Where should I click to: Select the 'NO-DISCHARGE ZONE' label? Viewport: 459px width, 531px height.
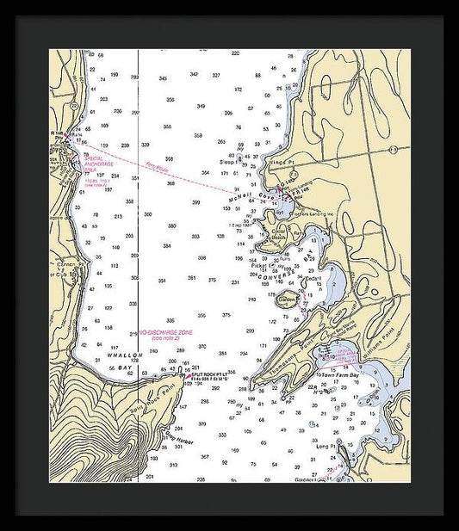166,334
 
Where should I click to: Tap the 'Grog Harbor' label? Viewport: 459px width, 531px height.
177,439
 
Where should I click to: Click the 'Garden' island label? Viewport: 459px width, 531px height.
287,299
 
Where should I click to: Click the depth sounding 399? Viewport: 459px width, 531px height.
196,202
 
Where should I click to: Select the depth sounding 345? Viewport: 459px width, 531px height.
163,78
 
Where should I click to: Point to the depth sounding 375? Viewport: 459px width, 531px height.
226,315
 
